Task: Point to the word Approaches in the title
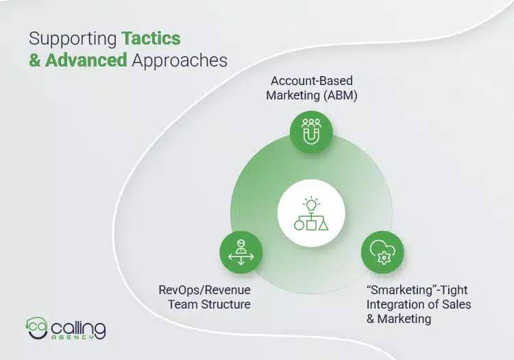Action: [x=179, y=60]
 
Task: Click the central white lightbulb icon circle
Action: [x=311, y=214]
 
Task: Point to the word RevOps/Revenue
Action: [x=204, y=290]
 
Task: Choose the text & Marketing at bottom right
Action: [x=399, y=318]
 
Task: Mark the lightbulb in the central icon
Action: [x=312, y=204]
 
